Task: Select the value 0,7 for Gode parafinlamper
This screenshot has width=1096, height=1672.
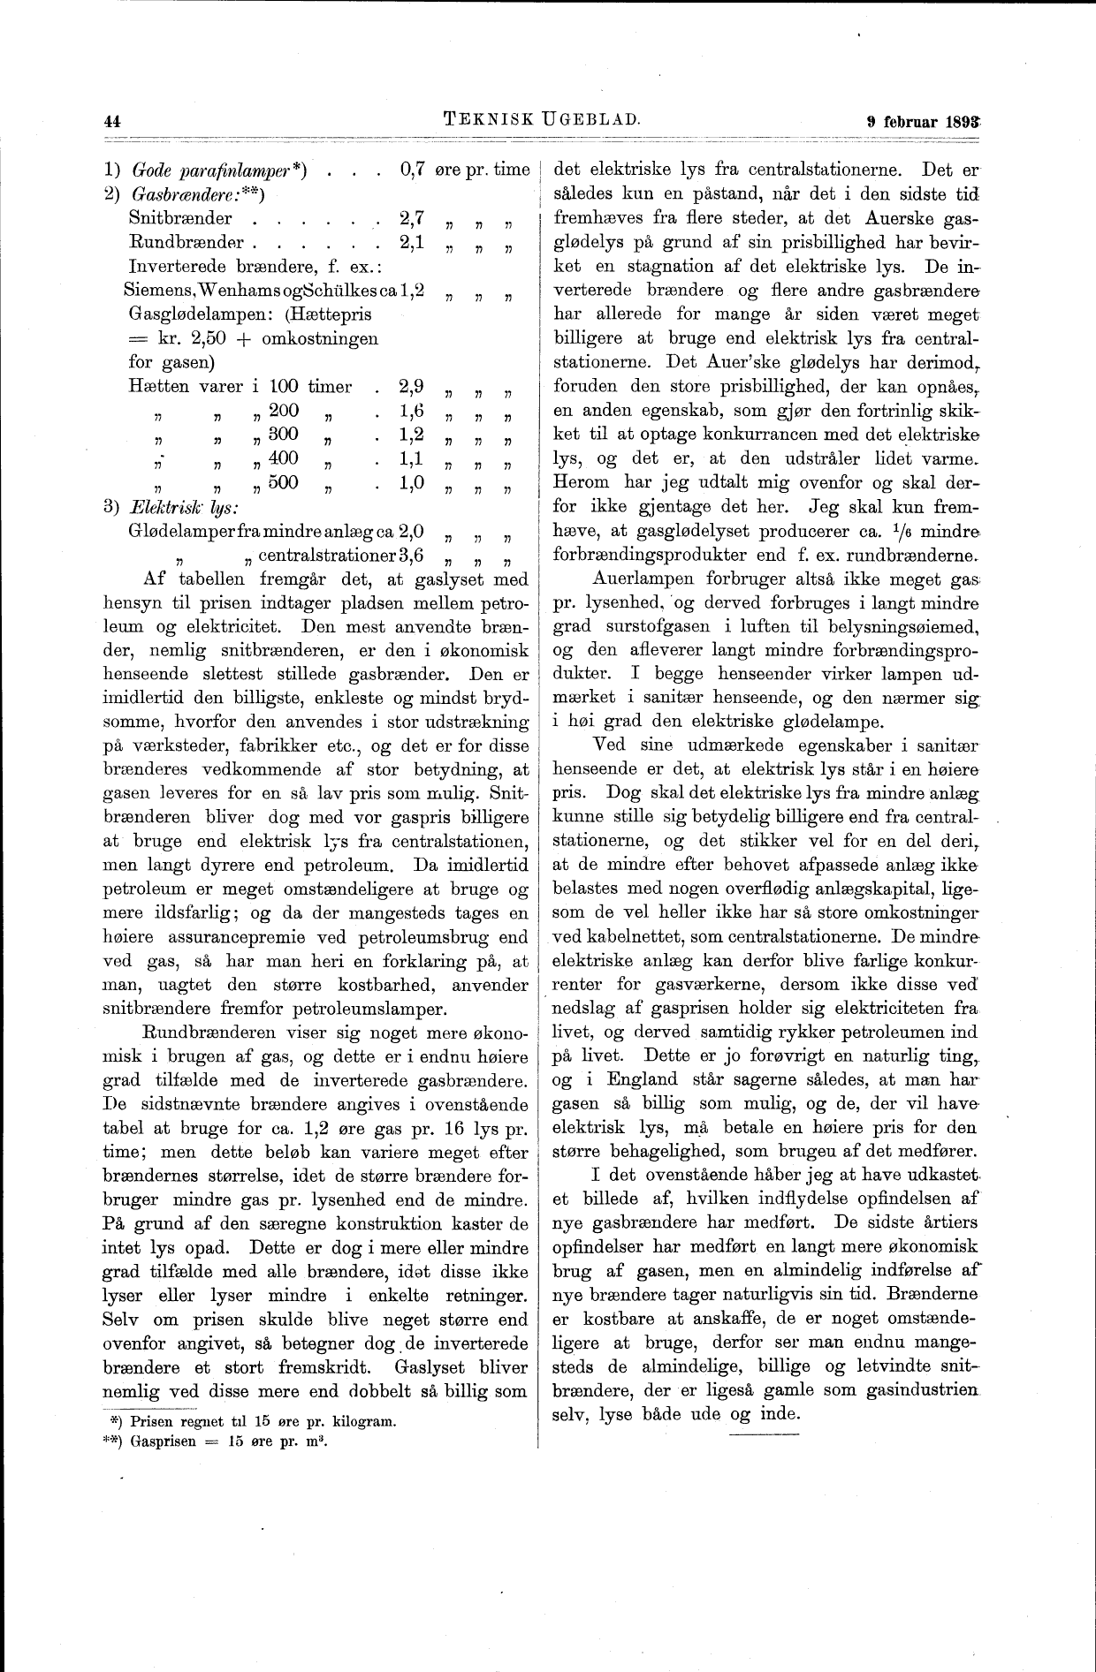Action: (413, 170)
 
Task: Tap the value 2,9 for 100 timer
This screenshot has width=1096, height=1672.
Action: (412, 386)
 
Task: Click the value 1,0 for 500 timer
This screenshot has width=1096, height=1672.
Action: (412, 482)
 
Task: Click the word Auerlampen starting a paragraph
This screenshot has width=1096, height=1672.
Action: (641, 580)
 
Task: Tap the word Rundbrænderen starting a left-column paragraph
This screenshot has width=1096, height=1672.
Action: (216, 1033)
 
